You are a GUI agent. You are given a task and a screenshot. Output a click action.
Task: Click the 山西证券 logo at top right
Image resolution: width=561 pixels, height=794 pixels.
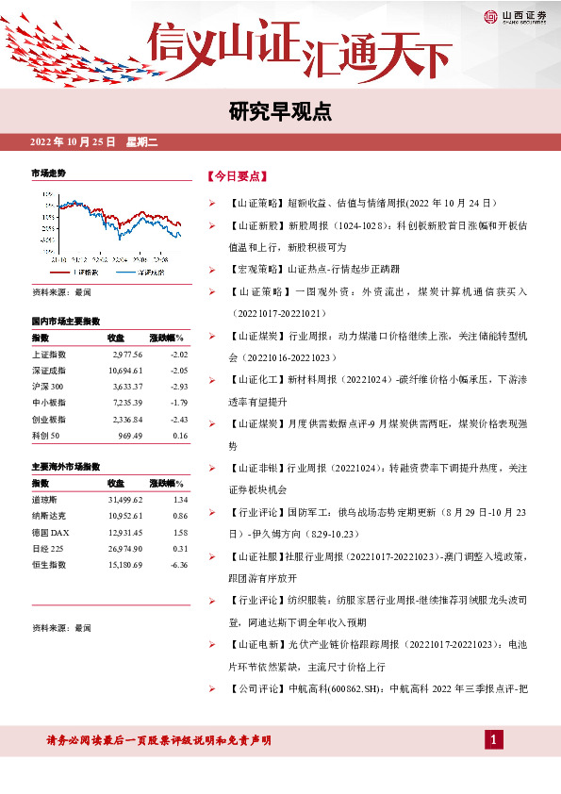pyautogui.click(x=514, y=15)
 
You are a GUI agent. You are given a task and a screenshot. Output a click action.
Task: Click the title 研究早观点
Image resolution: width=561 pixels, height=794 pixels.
pyautogui.click(x=280, y=111)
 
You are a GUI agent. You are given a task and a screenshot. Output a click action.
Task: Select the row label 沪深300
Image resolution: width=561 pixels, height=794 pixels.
pyautogui.click(x=50, y=384)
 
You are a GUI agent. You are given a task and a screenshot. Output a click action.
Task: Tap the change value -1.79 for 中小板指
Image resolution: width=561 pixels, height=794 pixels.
pyautogui.click(x=179, y=399)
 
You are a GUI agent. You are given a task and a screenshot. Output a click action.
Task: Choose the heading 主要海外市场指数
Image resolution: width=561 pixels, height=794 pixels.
pyautogui.click(x=66, y=467)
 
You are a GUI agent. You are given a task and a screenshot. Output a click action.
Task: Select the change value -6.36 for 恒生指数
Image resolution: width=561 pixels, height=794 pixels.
pyautogui.click(x=178, y=565)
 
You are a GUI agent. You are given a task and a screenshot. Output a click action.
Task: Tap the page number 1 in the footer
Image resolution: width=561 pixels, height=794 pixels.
pyautogui.click(x=493, y=739)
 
